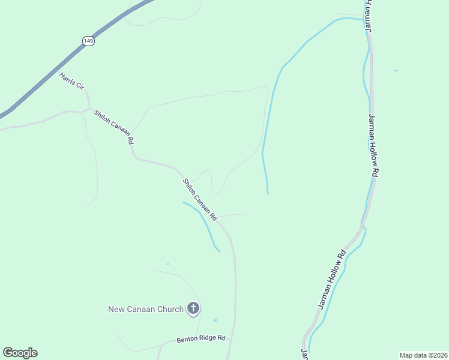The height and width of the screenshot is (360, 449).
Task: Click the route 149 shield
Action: tap(88, 40)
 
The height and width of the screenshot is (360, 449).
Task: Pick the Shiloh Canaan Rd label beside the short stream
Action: tap(199, 198)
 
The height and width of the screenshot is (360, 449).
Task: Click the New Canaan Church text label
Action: tap(145, 309)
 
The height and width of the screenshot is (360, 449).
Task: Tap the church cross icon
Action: tap(193, 309)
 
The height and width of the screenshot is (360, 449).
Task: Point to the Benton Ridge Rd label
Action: tap(200, 339)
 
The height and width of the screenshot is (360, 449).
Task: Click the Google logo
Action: tap(20, 353)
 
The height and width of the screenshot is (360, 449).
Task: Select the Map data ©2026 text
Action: tap(423, 355)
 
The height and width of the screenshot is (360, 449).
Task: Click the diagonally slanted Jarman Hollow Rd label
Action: tap(333, 280)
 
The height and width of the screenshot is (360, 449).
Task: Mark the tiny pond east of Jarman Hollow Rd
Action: tap(396, 71)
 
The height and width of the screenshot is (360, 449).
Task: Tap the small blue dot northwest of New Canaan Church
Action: tap(167, 263)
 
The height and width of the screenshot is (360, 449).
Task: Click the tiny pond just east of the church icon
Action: tap(215, 320)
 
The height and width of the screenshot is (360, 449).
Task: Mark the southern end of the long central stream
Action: tap(267, 192)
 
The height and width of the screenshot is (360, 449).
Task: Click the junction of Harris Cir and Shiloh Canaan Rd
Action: tap(89, 109)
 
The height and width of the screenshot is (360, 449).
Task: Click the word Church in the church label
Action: tap(170, 309)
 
